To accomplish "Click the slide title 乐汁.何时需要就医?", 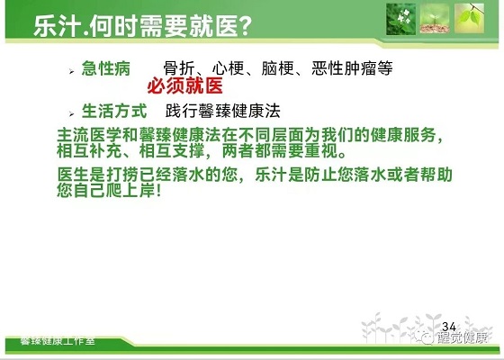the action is (142, 26).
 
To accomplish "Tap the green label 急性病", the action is (106, 68).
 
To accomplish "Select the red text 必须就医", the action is (184, 85).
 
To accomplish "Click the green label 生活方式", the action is (114, 111).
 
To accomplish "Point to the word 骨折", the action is (179, 68).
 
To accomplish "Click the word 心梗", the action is (229, 68).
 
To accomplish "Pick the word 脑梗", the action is (278, 68).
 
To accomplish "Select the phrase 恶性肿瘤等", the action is (352, 68).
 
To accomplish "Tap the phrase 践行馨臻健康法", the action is (223, 111).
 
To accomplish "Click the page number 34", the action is (449, 327).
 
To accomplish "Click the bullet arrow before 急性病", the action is (71, 71).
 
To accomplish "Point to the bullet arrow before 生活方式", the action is (71, 113).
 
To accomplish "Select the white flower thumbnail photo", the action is (400, 19).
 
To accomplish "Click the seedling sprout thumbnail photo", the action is (435, 18).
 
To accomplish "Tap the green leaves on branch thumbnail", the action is (469, 18).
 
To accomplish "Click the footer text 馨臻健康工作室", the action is (58, 340).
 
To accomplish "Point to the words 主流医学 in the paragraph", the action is (89, 135).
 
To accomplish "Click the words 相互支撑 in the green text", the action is (172, 151).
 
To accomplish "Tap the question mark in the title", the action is (245, 26).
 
